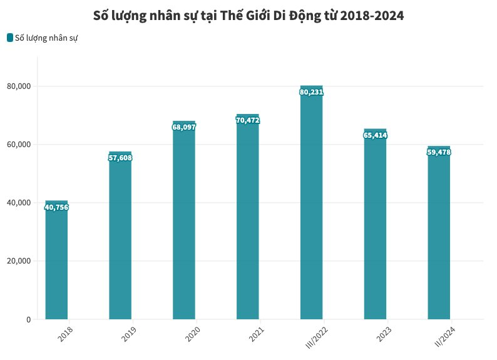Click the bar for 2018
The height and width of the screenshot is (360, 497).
tap(56, 263)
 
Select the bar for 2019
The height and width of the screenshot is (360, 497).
tap(120, 238)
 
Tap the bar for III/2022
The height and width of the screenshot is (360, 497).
tap(311, 207)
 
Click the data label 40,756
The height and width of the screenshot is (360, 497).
tap(56, 208)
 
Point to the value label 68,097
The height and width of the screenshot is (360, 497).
tap(184, 127)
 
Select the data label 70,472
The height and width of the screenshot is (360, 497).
tap(247, 120)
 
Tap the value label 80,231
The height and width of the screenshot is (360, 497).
tap(311, 92)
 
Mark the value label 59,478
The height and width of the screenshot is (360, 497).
tap(439, 152)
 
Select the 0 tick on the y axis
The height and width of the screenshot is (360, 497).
tap(28, 320)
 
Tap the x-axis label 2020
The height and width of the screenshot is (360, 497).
tap(193, 334)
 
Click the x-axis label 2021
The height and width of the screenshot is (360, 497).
tap(257, 334)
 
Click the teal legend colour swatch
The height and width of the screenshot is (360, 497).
tap(10, 38)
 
